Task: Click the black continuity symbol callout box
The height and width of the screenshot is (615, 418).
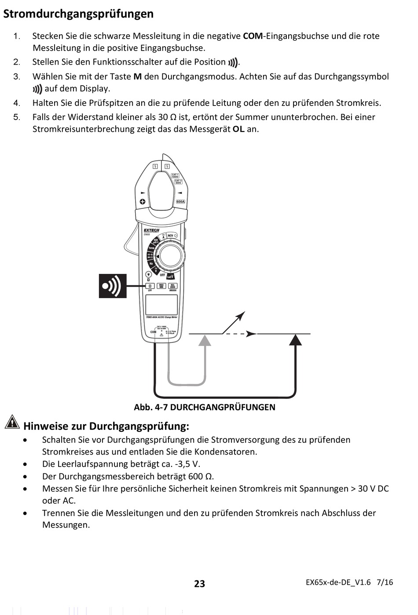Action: click(x=113, y=286)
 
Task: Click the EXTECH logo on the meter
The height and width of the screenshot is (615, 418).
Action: click(x=151, y=230)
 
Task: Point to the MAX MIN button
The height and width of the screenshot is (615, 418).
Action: click(x=161, y=286)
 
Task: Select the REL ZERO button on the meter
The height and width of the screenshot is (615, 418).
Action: click(x=173, y=286)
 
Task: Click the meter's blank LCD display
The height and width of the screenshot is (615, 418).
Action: click(x=161, y=305)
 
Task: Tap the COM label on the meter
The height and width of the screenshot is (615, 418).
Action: click(x=153, y=332)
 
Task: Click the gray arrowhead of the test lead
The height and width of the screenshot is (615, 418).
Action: click(x=205, y=340)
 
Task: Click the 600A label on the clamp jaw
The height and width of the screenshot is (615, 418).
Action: click(x=180, y=201)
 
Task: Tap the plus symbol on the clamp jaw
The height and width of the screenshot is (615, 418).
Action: click(x=143, y=201)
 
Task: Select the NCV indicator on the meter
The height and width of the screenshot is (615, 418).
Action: click(x=172, y=236)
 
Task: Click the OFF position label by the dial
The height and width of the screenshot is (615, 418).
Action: click(x=162, y=275)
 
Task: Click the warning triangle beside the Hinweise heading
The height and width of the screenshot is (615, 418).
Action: click(x=12, y=422)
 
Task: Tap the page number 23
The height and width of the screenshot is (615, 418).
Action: click(x=199, y=583)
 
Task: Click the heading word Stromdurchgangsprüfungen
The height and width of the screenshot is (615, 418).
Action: click(x=78, y=14)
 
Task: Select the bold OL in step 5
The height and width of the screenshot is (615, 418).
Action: click(x=238, y=129)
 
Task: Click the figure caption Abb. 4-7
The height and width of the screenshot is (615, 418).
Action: click(x=205, y=407)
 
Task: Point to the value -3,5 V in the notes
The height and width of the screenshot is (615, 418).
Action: click(x=187, y=464)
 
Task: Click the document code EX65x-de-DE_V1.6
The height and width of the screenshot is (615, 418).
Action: click(x=338, y=582)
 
